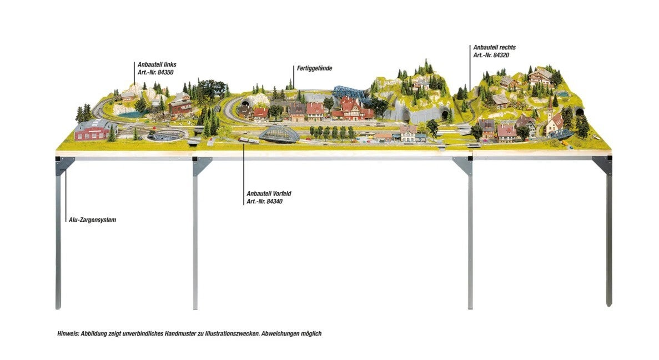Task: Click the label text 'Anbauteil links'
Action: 157,64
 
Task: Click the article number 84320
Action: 491,56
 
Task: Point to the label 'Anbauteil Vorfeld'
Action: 269,193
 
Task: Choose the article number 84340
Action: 265,202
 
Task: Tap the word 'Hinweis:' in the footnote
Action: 68,334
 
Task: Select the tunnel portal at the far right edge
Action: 580,112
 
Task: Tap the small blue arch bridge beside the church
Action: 562,134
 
